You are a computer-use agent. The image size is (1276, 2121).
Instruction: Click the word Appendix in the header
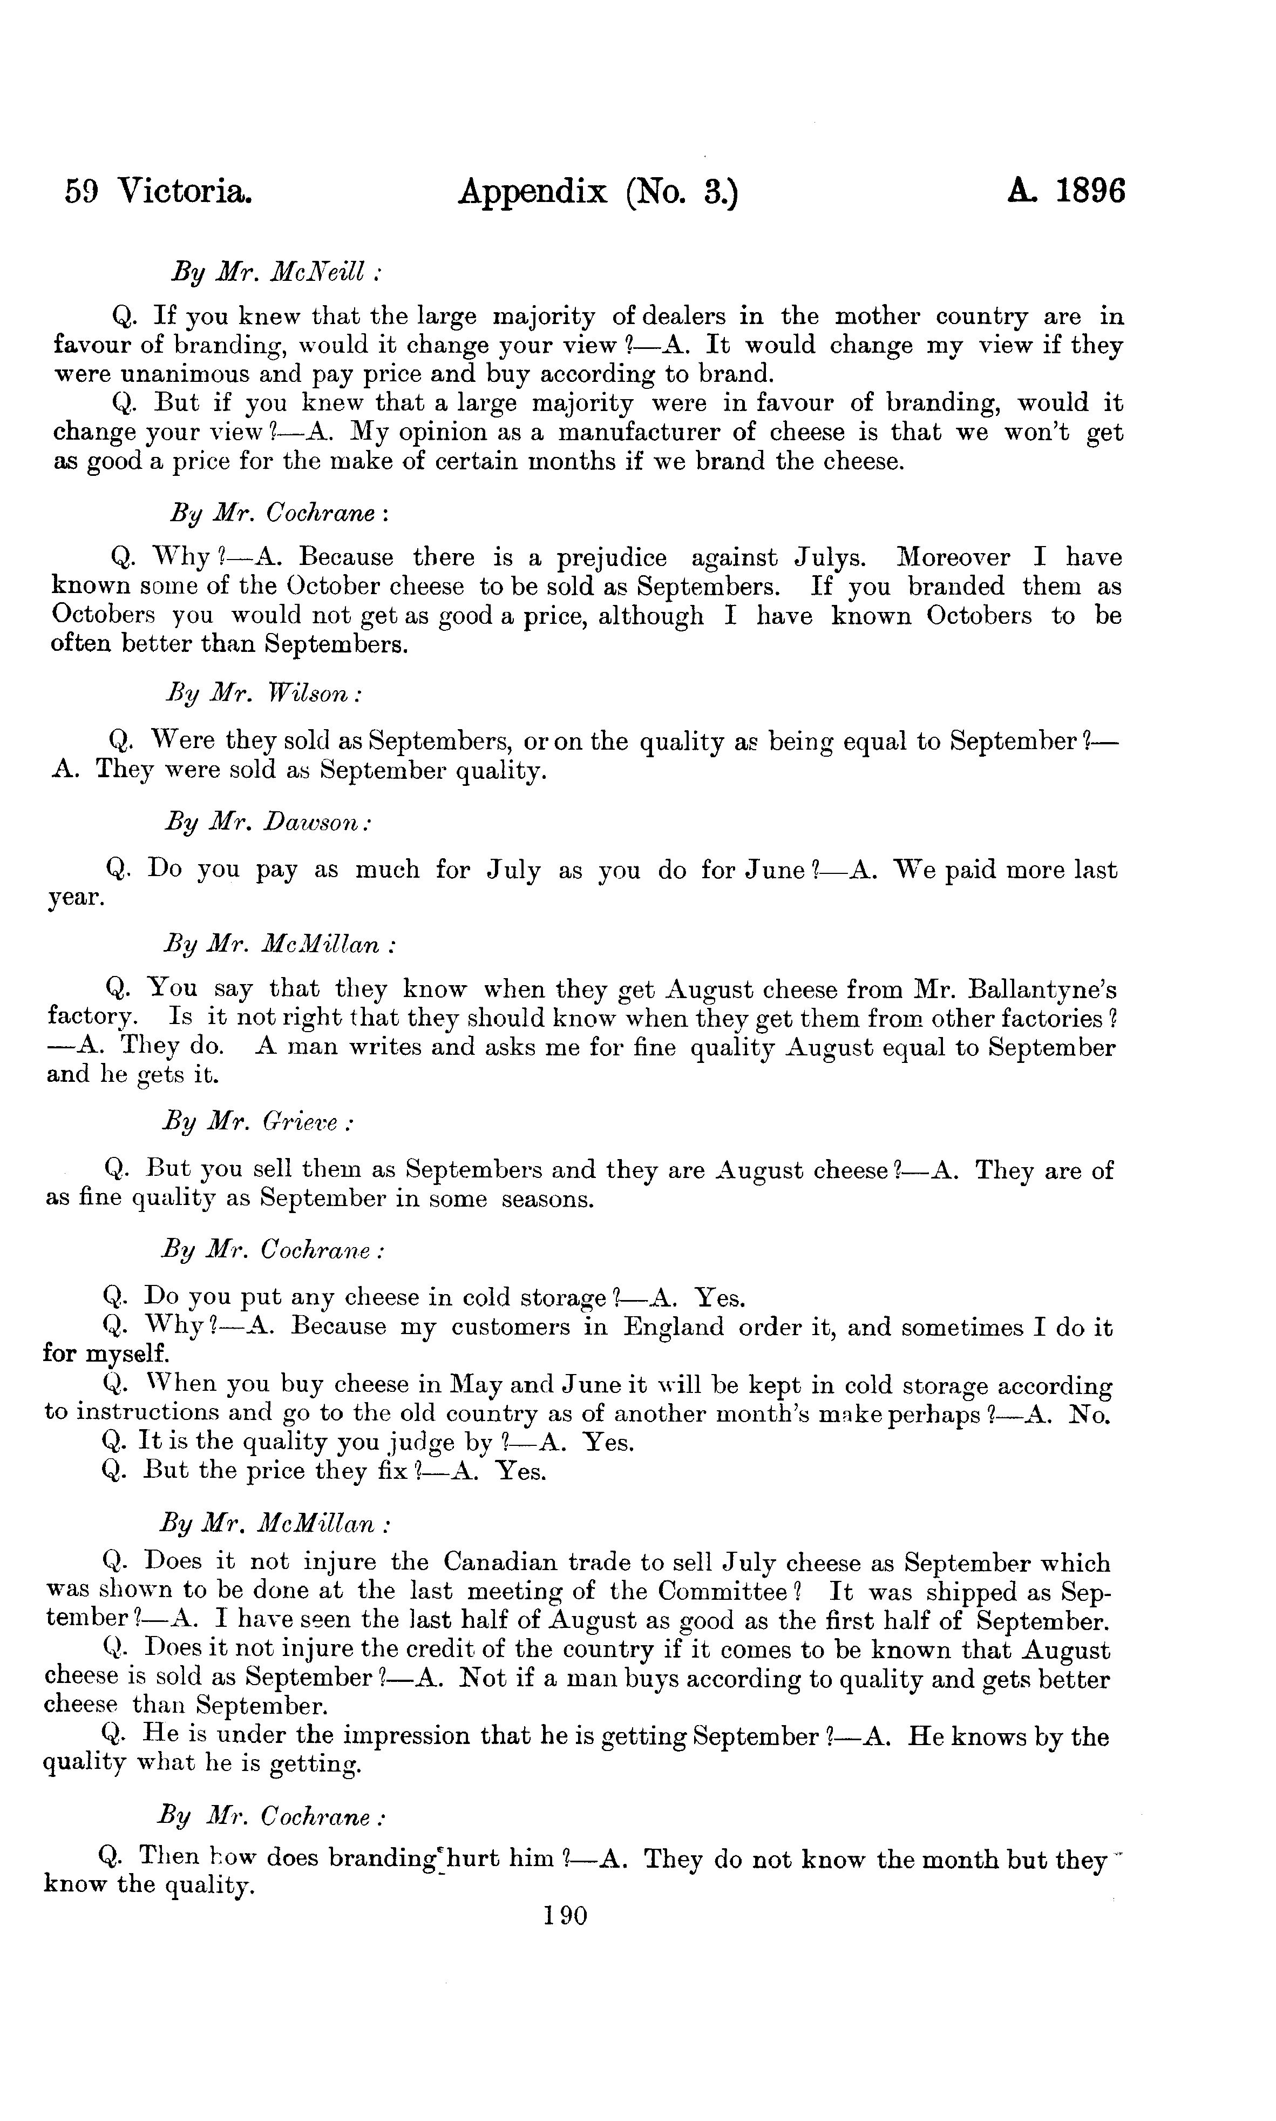pos(532,192)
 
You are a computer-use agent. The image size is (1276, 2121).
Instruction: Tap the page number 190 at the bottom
pos(565,1916)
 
